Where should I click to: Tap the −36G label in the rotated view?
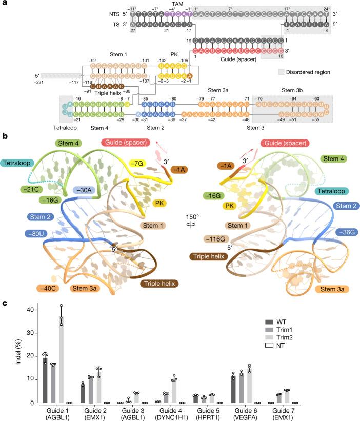coord(335,230)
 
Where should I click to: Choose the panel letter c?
coord(4,303)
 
